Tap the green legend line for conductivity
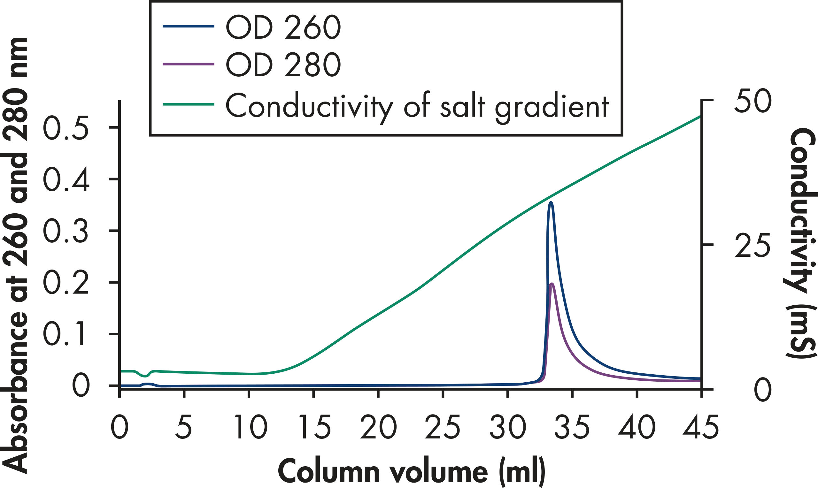[x=189, y=104]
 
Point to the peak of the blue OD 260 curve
[x=551, y=203]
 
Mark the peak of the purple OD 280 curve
[x=552, y=284]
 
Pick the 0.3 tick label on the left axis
[x=66, y=231]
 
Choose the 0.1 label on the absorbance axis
[x=66, y=334]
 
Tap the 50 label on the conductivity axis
[x=752, y=101]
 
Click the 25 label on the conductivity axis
[x=752, y=245]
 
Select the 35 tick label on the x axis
[x=572, y=428]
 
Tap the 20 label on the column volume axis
[x=379, y=428]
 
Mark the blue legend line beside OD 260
[x=189, y=26]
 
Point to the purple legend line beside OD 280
[x=189, y=64]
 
